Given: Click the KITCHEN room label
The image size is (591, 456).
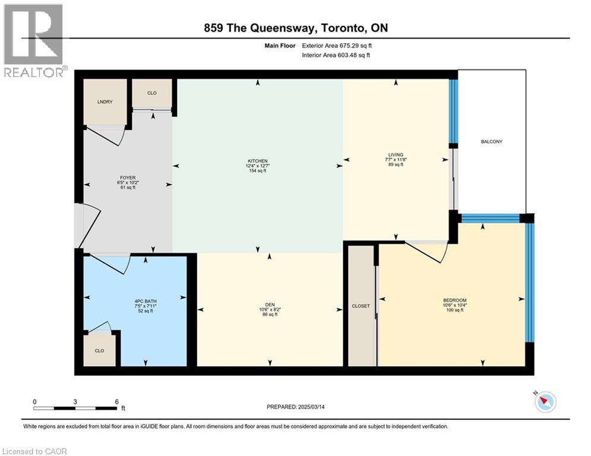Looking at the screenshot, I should [x=258, y=161].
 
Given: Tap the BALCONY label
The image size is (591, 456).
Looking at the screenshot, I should [x=492, y=141].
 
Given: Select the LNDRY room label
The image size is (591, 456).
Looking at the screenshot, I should [x=105, y=102].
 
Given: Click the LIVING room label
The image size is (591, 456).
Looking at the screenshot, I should [x=394, y=155].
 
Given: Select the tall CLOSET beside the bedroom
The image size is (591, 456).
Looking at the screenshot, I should [x=361, y=306].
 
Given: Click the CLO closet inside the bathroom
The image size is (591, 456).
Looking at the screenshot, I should [x=99, y=350].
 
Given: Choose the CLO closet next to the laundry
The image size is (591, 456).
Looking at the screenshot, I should [x=152, y=93].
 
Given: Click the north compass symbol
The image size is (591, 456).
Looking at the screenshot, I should [x=545, y=403].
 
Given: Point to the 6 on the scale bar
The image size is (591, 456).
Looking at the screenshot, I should [x=117, y=401].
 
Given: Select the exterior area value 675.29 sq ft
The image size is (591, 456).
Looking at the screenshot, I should [x=354, y=45].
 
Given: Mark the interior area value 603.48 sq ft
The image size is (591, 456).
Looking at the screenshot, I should [x=354, y=55].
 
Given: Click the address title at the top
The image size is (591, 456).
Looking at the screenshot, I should [x=295, y=28].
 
